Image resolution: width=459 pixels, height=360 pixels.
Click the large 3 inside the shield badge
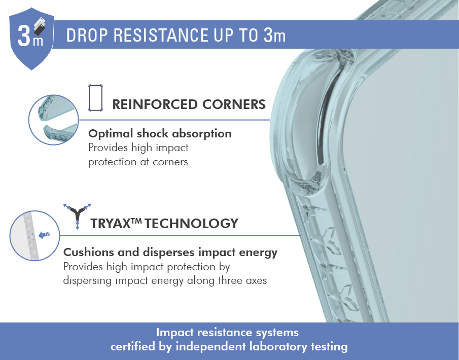[24, 35]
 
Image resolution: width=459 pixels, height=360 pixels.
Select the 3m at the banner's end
[274, 35]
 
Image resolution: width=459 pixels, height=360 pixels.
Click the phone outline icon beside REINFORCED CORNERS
[95, 98]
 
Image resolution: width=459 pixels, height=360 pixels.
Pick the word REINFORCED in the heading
[155, 104]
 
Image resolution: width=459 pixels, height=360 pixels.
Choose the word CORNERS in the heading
[234, 104]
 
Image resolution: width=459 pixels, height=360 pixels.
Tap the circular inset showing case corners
[54, 120]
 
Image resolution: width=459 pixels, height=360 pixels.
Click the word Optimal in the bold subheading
[111, 134]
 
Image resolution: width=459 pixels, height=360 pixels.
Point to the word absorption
[202, 134]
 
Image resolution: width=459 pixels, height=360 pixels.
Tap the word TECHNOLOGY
[191, 224]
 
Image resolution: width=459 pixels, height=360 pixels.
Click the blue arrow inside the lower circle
[44, 234]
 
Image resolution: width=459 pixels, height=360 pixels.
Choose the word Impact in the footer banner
[175, 333]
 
